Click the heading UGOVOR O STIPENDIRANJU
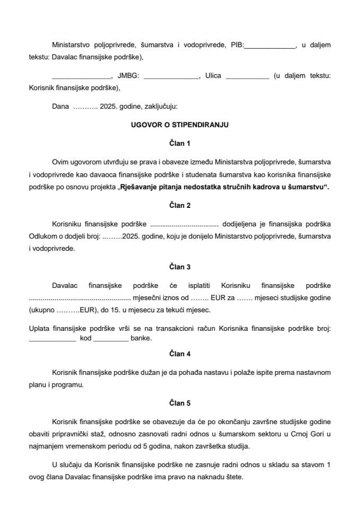(x=180, y=125)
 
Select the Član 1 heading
(x=180, y=143)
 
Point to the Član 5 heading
(x=180, y=403)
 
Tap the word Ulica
(x=213, y=76)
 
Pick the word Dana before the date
(x=60, y=106)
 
